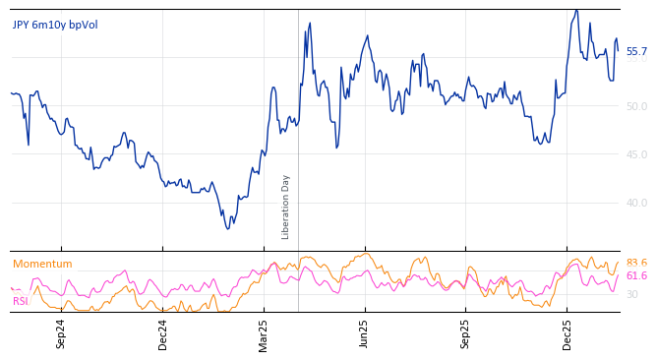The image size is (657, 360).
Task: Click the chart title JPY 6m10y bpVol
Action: click(55, 25)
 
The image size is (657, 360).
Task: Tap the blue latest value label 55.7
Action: click(636, 51)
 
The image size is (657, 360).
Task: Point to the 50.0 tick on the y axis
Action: click(636, 106)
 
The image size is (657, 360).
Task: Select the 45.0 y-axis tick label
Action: click(636, 154)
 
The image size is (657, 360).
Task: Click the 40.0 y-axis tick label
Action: click(636, 204)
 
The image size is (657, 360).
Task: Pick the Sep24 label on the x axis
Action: click(61, 333)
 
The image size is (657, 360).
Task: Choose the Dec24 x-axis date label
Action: click(163, 333)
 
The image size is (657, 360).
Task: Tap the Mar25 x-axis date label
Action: click(264, 333)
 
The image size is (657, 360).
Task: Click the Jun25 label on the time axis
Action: click(365, 333)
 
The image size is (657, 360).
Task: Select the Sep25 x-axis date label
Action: click(466, 333)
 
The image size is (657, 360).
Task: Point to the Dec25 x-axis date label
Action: click(567, 333)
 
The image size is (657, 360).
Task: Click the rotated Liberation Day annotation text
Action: click(286, 207)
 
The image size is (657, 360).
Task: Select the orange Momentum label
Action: click(42, 264)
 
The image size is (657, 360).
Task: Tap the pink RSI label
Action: click(20, 301)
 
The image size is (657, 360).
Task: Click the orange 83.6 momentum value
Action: click(636, 263)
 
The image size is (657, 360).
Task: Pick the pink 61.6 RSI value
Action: click(636, 276)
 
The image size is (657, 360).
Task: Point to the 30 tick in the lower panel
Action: click(631, 294)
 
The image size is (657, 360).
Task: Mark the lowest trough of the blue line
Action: click(227, 228)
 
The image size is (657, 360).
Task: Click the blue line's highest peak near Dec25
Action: click(576, 11)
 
